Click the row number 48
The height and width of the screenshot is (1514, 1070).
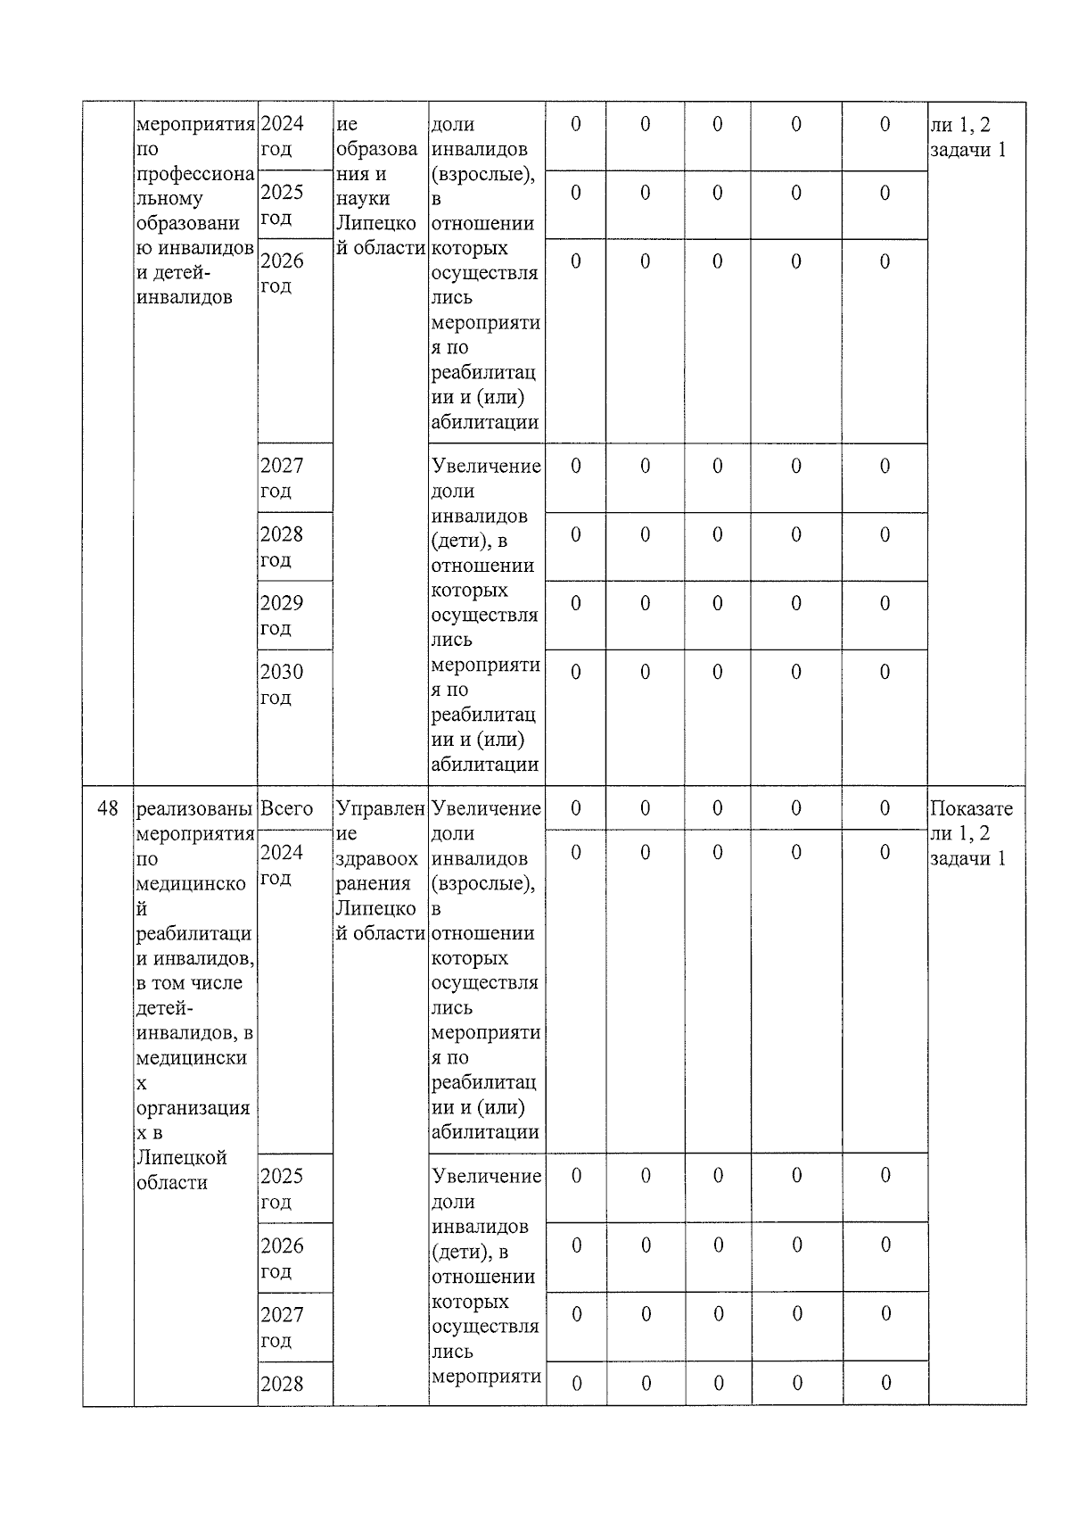click(x=107, y=809)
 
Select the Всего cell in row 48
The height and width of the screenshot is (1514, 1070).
click(x=286, y=809)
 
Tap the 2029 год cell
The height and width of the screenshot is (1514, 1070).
click(x=282, y=616)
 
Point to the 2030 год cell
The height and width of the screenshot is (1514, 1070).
click(x=282, y=684)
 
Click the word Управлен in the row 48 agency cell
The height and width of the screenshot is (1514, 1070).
click(x=380, y=809)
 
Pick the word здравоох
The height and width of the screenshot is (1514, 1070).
click(x=376, y=859)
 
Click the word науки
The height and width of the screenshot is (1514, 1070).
click(x=358, y=199)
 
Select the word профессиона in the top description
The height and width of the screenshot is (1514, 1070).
click(x=194, y=174)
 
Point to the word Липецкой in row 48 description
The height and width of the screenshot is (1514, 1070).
click(x=182, y=1158)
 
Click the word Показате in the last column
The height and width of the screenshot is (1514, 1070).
click(x=971, y=809)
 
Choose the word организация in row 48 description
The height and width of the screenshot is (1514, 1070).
click(x=193, y=1108)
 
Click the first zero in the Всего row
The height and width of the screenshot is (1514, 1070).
click(x=575, y=808)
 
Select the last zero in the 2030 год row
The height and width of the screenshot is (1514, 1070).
click(x=885, y=672)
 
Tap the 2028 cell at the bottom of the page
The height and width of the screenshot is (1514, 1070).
click(x=282, y=1384)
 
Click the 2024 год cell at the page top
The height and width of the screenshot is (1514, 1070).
click(x=282, y=136)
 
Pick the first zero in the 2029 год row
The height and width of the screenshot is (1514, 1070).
click(x=575, y=603)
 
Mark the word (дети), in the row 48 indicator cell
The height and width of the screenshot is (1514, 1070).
click(x=469, y=1252)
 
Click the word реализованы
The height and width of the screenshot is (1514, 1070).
click(x=194, y=809)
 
